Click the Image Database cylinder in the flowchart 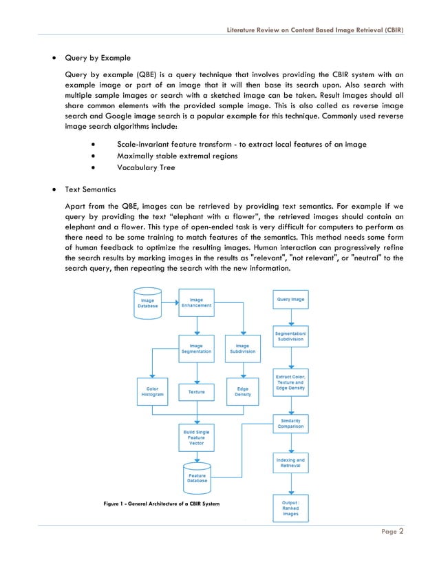147,304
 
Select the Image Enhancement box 196,302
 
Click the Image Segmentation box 196,348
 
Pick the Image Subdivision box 242,349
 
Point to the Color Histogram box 153,391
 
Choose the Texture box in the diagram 196,392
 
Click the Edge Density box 242,391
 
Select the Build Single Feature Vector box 196,436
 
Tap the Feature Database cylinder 196,476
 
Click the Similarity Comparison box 290,422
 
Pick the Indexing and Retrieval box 290,463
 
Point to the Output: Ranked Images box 290,507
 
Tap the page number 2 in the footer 401,531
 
